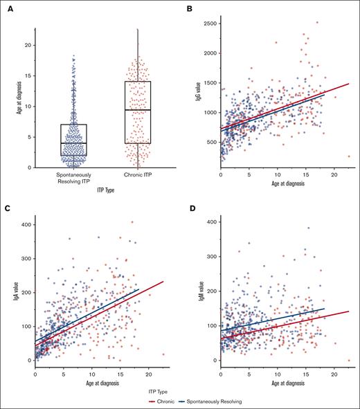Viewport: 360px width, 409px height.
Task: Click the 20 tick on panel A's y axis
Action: pyautogui.click(x=32, y=45)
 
